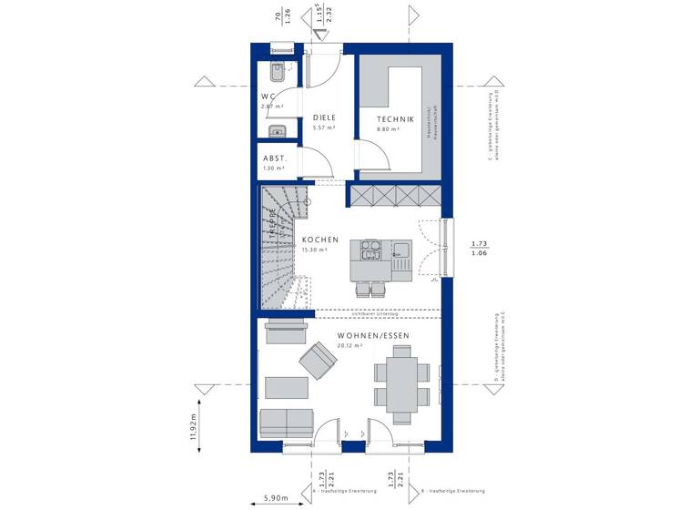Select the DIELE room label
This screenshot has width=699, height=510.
[325, 118]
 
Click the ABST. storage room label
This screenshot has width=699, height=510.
[274, 158]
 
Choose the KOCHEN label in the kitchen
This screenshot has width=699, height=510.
[320, 240]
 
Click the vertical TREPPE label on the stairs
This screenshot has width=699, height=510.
[271, 223]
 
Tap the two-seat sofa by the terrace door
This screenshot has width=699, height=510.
[287, 424]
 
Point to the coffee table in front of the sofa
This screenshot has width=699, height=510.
[287, 386]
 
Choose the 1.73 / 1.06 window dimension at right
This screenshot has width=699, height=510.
[479, 249]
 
